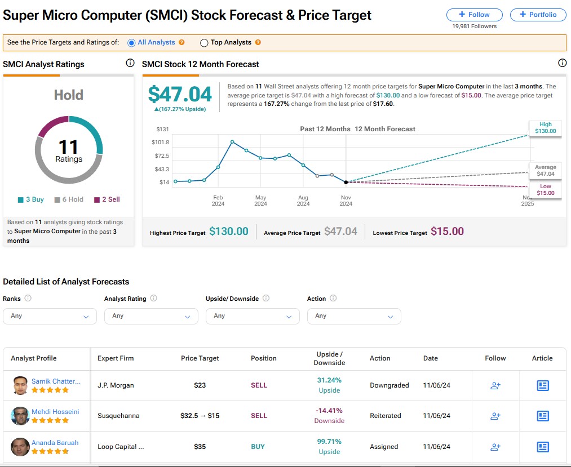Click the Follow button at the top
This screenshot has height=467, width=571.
click(474, 15)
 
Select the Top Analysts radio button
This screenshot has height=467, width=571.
click(205, 42)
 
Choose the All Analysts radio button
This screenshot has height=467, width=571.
click(132, 42)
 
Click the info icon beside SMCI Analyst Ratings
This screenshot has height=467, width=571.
click(130, 63)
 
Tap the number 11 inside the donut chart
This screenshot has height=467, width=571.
click(68, 148)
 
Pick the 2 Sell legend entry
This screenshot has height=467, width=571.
click(107, 199)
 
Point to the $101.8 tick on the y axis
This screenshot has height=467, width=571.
click(160, 142)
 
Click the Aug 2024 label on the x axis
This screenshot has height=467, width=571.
click(303, 201)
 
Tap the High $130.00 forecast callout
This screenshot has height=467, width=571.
click(545, 128)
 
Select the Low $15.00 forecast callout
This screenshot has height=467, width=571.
click(545, 190)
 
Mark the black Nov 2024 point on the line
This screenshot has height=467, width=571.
click(346, 182)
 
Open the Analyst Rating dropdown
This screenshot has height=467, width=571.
click(151, 316)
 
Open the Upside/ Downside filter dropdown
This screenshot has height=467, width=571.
click(253, 316)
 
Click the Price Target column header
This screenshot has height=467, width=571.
click(200, 358)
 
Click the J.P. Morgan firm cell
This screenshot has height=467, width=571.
click(116, 385)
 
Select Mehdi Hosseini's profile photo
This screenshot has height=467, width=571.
click(20, 416)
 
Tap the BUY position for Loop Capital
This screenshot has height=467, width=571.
click(258, 447)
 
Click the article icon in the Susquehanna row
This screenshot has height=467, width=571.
click(542, 416)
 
